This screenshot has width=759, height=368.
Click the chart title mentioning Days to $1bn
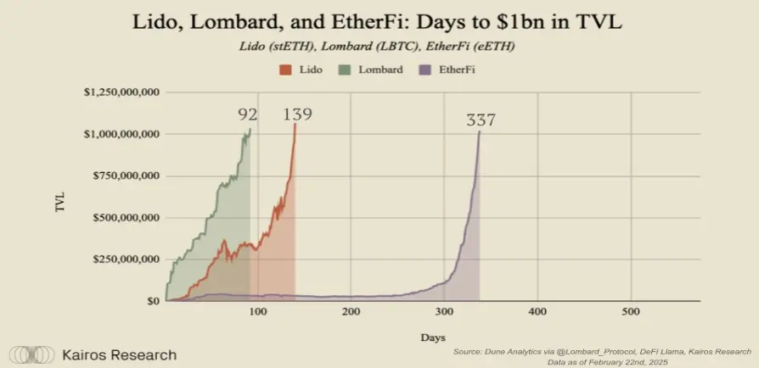tap(378, 23)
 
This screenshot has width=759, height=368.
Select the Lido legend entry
tap(300, 67)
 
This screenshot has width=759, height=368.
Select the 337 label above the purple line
tap(481, 120)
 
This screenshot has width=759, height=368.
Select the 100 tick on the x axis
tap(258, 312)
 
